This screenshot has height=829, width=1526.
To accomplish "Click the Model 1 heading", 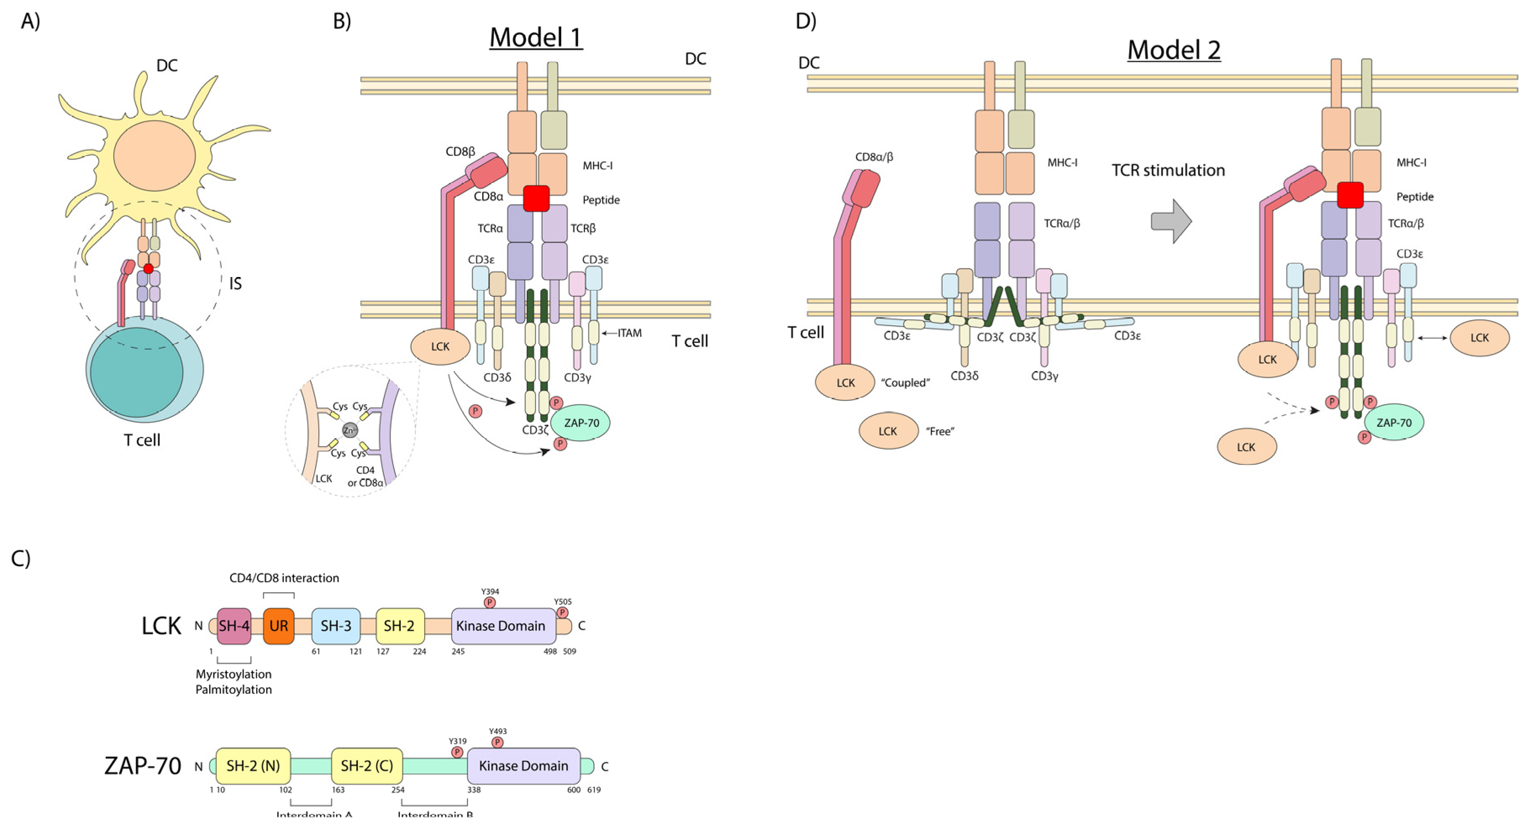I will (536, 38).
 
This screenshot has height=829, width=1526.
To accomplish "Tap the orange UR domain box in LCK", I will (278, 626).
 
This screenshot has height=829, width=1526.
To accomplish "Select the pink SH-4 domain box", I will (234, 626).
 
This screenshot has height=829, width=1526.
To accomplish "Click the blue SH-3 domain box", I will (336, 626).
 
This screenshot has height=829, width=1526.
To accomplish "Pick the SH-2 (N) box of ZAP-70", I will (253, 766).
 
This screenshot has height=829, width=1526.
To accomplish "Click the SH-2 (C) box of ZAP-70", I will (367, 766).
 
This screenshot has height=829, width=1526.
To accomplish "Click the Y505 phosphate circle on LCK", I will (562, 612).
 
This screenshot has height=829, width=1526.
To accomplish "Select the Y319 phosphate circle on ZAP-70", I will (457, 752).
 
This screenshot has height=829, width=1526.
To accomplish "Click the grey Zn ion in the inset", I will (350, 431).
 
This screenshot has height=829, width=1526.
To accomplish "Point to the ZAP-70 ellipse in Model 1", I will (580, 423).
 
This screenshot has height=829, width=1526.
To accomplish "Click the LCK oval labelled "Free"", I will (888, 431).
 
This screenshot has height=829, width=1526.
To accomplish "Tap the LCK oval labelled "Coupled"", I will (846, 382).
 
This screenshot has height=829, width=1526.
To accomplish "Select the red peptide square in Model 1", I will (536, 199).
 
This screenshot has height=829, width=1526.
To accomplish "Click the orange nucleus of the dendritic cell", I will (154, 156).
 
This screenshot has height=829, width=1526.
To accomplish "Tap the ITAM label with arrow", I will (628, 333).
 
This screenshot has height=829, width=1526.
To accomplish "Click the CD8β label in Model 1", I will (460, 152).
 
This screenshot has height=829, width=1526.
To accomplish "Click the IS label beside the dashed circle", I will (235, 284).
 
